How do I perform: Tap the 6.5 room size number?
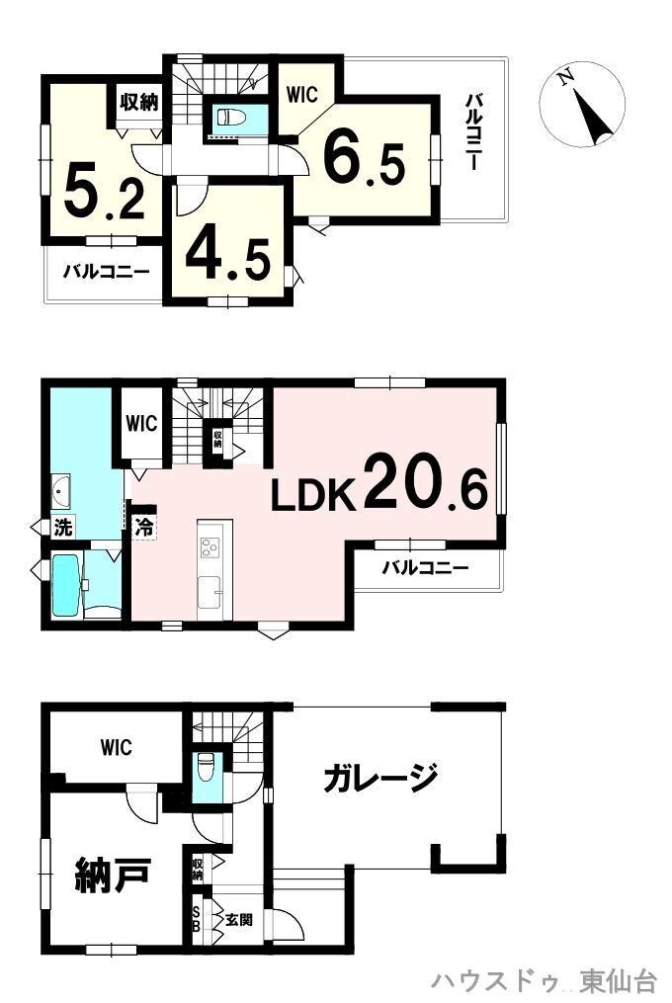pyautogui.click(x=364, y=157)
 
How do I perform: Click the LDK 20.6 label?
pyautogui.click(x=379, y=481)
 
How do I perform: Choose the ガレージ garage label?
pyautogui.click(x=380, y=777)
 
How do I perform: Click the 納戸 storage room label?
pyautogui.click(x=114, y=875)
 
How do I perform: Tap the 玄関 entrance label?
pyautogui.click(x=239, y=920)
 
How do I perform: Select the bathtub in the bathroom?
pyautogui.click(x=65, y=585)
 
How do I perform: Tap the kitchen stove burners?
pyautogui.click(x=210, y=547)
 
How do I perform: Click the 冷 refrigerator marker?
pyautogui.click(x=144, y=527)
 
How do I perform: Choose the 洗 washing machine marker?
pyautogui.click(x=62, y=528)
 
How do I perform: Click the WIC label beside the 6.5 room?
pyautogui.click(x=302, y=95)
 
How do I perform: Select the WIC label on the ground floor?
pyautogui.click(x=117, y=746)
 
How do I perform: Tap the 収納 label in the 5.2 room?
pyautogui.click(x=139, y=102)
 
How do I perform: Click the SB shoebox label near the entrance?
pyautogui.click(x=197, y=920)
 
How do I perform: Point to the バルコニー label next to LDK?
pyautogui.click(x=426, y=567)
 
